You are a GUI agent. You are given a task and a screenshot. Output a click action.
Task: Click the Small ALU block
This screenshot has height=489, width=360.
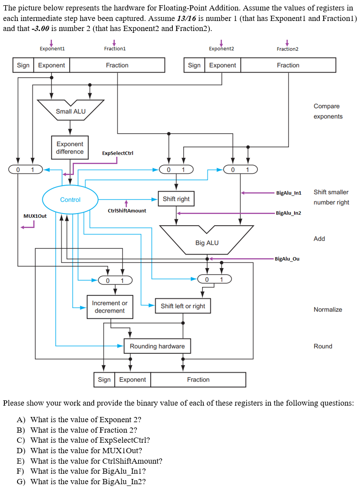pos(70,111)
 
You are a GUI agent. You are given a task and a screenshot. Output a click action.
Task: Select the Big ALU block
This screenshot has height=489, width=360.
pos(207,242)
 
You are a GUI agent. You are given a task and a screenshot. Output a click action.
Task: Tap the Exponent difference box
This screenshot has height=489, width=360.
pos(70,148)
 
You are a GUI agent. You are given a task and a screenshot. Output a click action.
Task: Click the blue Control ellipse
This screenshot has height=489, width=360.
pos(70,200)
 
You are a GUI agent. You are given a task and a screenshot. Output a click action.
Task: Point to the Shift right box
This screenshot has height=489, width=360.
pos(176,199)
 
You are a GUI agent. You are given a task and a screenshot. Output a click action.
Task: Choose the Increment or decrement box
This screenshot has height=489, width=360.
pos(110,307)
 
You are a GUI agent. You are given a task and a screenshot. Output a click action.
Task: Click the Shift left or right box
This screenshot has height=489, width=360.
pos(183,306)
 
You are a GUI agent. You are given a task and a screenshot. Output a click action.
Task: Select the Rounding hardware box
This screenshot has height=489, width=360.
pos(157,346)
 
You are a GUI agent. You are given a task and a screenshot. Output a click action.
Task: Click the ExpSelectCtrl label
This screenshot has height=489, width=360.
pos(117,153)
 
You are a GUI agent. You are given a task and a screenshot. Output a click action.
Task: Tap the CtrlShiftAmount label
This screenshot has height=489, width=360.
pos(127,210)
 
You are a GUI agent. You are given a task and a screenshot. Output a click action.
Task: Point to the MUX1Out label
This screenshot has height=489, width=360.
pos(35,216)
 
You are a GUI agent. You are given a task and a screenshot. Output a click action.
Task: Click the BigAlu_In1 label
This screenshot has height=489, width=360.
pos(289,193)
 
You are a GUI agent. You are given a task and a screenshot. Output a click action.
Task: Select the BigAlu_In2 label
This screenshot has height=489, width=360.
pos(289,213)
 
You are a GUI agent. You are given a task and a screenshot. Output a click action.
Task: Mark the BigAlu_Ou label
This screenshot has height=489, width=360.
pos(287,259)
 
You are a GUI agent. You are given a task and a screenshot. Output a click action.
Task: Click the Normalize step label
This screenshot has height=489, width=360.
pos(328,310)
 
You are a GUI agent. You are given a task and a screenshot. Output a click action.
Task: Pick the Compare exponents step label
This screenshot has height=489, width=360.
pos(328,111)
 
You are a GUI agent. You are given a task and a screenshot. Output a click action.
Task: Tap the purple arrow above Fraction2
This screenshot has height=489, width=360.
pos(287,42)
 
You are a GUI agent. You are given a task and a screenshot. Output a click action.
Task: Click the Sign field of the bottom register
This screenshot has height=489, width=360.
pos(104,379)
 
